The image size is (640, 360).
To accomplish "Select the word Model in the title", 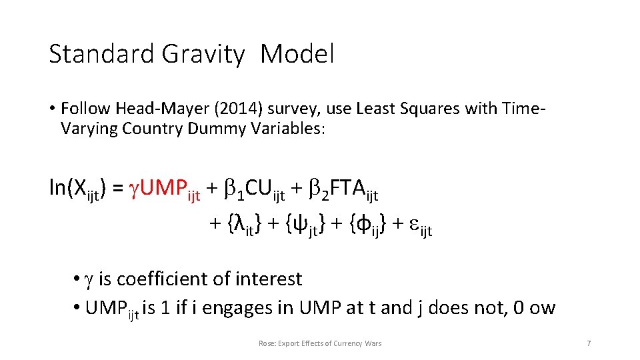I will click(297, 54).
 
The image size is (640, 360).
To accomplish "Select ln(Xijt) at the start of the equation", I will click(77, 189).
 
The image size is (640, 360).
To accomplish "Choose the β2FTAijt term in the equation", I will click(344, 189).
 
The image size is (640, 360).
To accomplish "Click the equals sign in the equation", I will click(117, 189).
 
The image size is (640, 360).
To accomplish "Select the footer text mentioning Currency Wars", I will click(320, 343).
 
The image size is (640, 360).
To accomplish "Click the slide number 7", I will click(588, 343).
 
